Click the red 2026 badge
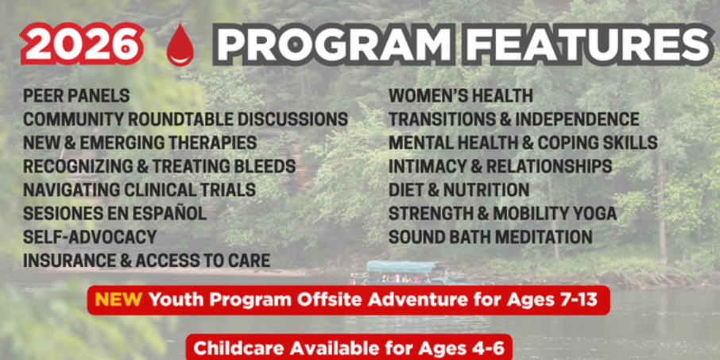82,44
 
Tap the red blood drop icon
180,45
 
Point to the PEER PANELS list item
76,96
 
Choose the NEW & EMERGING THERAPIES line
140,143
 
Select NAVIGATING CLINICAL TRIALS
140,190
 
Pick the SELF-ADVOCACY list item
90,238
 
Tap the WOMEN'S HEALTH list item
461,96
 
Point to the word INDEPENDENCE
577,119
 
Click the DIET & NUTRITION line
459,190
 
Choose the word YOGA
591,214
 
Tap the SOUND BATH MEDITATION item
490,238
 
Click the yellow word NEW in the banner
118,300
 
